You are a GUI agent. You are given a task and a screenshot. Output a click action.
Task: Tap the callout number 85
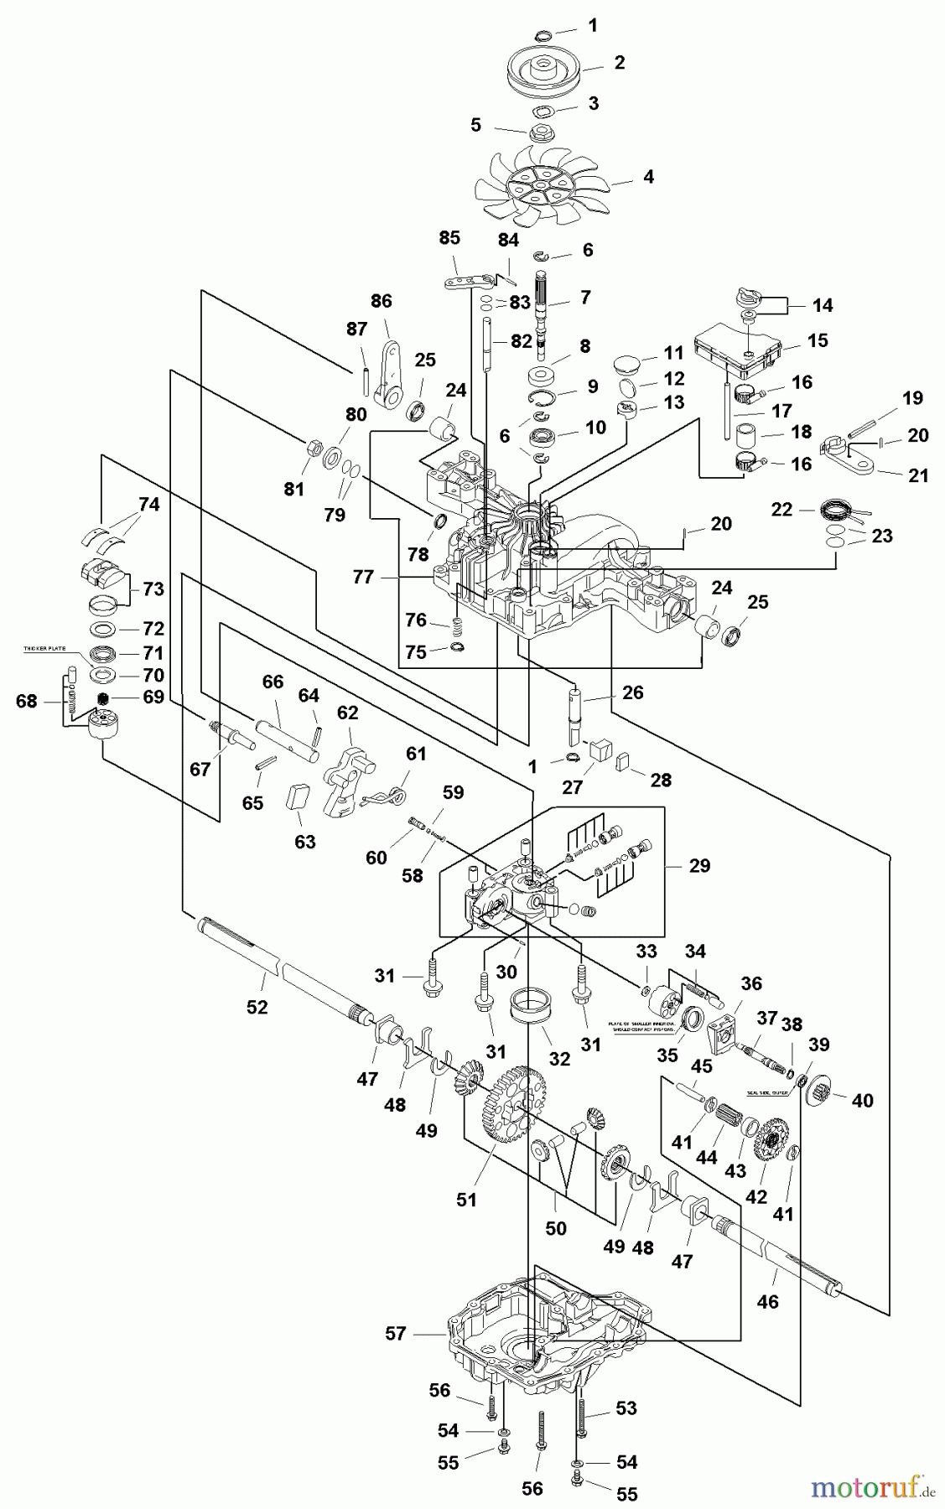click(x=449, y=238)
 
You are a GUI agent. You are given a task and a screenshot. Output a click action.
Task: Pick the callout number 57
click(x=395, y=1333)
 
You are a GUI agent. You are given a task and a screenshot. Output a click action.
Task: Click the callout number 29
click(x=698, y=865)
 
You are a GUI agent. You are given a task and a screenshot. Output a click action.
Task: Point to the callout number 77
click(x=363, y=577)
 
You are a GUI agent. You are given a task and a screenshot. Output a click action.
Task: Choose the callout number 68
click(x=27, y=700)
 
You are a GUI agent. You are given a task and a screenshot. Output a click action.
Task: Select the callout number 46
click(x=767, y=1301)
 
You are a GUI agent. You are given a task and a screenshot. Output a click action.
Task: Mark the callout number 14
click(x=823, y=305)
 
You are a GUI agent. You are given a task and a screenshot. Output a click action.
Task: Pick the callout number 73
click(x=153, y=589)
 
